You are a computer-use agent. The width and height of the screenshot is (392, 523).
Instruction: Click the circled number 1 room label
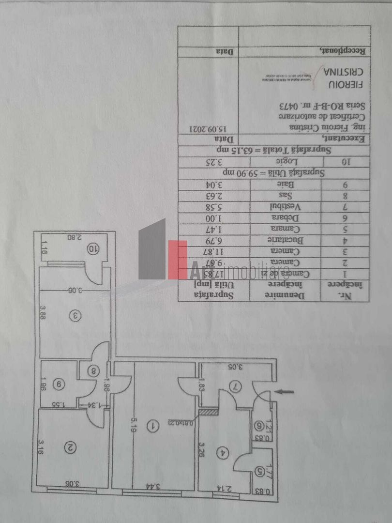153,426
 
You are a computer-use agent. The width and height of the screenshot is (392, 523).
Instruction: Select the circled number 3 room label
75,316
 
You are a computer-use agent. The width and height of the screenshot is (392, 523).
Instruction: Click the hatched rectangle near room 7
209,412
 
